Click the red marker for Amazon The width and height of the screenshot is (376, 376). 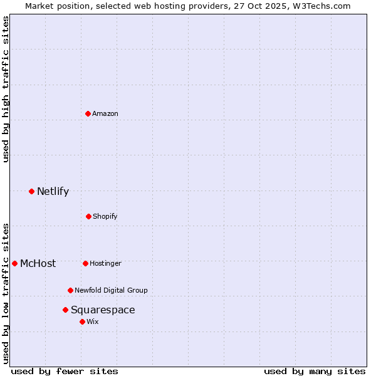click(x=88, y=113)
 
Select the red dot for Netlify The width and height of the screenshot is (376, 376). click(x=31, y=191)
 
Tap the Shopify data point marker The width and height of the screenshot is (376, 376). click(x=88, y=216)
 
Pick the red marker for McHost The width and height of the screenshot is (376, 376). click(x=14, y=263)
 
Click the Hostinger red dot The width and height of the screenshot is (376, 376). click(x=85, y=263)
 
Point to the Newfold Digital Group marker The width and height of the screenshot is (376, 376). click(x=70, y=290)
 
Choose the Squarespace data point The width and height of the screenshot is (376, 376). click(x=65, y=310)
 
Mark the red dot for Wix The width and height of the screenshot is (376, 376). click(x=82, y=321)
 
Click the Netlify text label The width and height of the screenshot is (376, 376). click(x=53, y=192)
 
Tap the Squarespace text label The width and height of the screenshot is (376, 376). click(x=103, y=310)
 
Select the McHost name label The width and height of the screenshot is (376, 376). click(x=38, y=264)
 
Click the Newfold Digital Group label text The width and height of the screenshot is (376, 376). click(x=111, y=290)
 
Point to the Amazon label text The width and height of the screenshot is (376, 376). click(x=105, y=113)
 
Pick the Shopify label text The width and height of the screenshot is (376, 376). click(x=105, y=216)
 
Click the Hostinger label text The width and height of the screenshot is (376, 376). click(x=105, y=263)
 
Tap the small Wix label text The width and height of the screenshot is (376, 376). click(x=93, y=321)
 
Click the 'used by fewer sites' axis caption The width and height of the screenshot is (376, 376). click(x=65, y=371)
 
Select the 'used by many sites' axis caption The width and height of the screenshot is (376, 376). click(x=315, y=371)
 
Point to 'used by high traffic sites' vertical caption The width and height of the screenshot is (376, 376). click(x=6, y=89)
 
